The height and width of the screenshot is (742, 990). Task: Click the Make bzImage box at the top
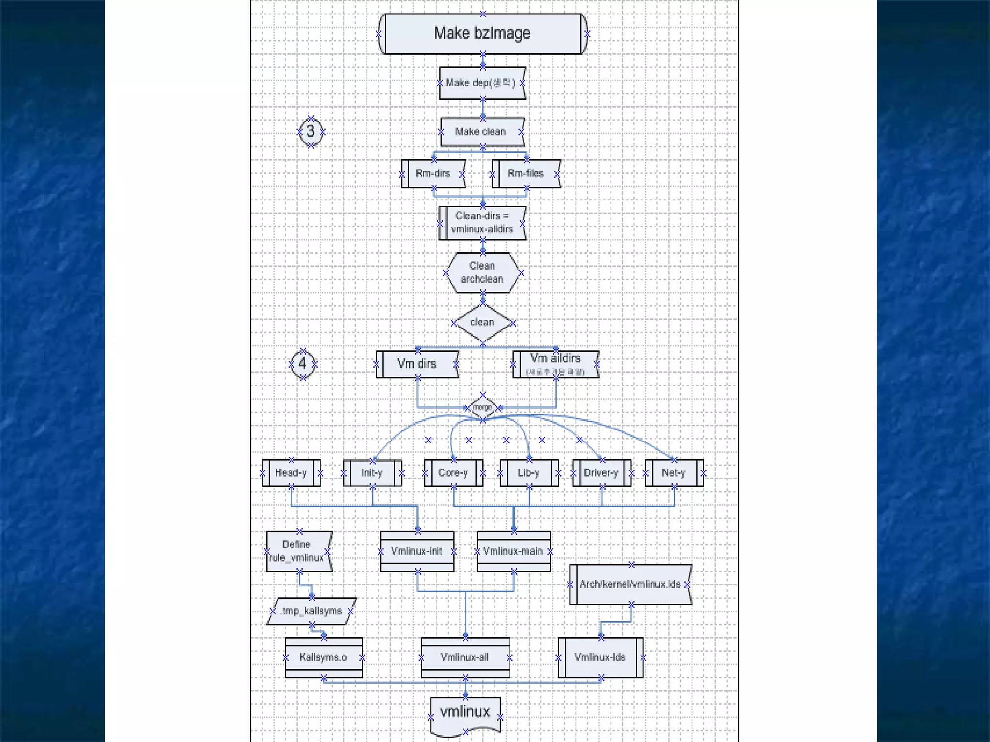click(482, 33)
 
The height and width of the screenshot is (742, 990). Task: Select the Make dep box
click(481, 83)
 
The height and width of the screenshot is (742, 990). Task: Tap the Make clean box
click(481, 132)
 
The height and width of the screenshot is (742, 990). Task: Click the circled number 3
click(311, 131)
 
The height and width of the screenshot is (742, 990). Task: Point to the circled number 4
click(303, 363)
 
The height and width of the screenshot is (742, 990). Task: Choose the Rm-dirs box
click(433, 173)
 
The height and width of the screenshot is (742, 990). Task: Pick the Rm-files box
click(526, 173)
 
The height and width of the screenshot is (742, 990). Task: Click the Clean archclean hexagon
click(482, 272)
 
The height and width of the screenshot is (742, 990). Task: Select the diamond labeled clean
click(482, 322)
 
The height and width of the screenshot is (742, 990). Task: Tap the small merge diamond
click(482, 407)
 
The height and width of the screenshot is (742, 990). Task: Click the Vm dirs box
click(417, 364)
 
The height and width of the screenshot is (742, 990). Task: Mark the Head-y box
click(291, 472)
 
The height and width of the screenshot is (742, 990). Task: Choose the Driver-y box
click(601, 472)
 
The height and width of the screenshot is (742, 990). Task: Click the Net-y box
click(674, 472)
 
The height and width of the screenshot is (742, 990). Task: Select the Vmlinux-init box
click(417, 551)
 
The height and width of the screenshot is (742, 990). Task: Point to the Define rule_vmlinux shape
click(298, 551)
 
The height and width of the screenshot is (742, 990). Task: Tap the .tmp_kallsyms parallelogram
click(312, 611)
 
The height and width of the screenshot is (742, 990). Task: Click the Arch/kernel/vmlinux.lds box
click(630, 585)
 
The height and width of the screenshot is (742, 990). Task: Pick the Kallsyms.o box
click(323, 657)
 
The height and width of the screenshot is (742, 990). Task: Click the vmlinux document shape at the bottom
click(465, 713)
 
